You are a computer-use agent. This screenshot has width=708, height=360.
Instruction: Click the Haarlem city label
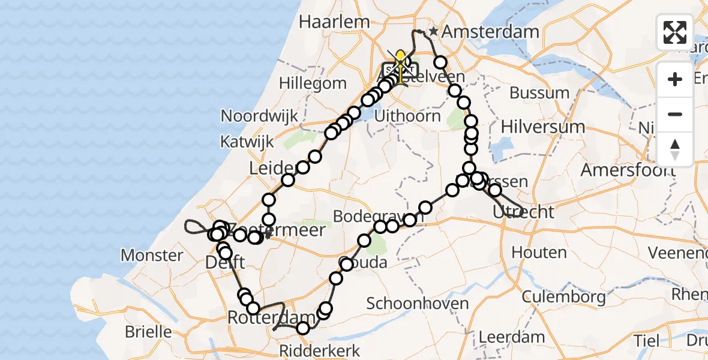[334, 22]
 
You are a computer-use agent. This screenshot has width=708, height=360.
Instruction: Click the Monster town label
[152, 256]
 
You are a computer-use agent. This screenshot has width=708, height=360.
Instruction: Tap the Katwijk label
[247, 142]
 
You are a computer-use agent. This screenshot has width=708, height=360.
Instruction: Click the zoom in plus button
[675, 79]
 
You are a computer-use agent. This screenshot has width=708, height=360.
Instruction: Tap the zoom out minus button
[675, 114]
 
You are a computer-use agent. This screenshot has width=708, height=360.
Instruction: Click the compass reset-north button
[675, 149]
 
